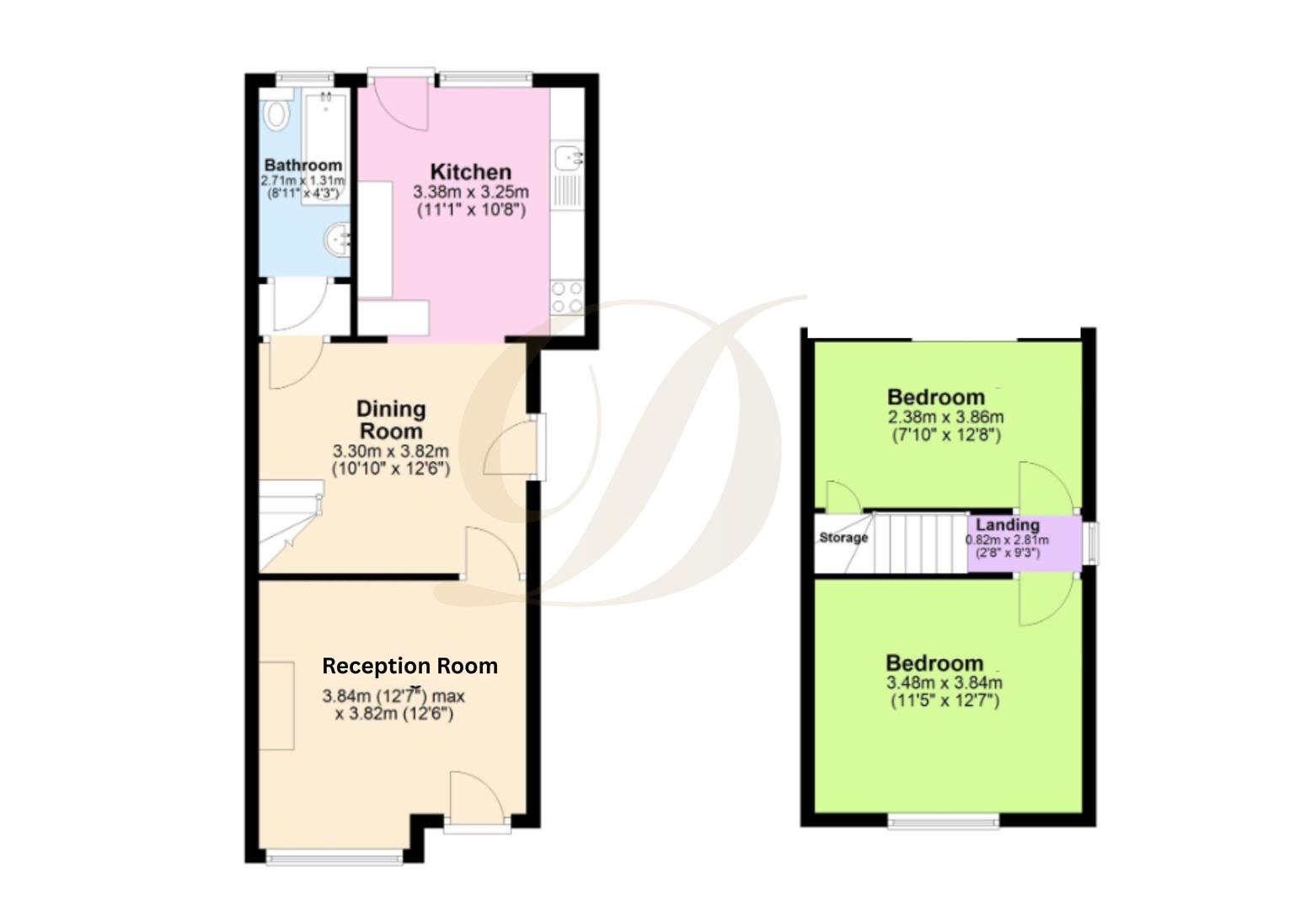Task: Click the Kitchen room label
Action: point(470,171)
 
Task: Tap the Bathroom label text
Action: point(303,165)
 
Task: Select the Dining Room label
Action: point(391,420)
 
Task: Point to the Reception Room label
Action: point(409,666)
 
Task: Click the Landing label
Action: point(1008,525)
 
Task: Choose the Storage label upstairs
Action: point(843,538)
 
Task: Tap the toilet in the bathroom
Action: point(276,115)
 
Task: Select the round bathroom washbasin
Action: point(337,238)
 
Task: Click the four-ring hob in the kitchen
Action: point(567,297)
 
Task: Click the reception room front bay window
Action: point(334,858)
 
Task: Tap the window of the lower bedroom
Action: point(944,821)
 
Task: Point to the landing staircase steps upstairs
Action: point(918,543)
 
